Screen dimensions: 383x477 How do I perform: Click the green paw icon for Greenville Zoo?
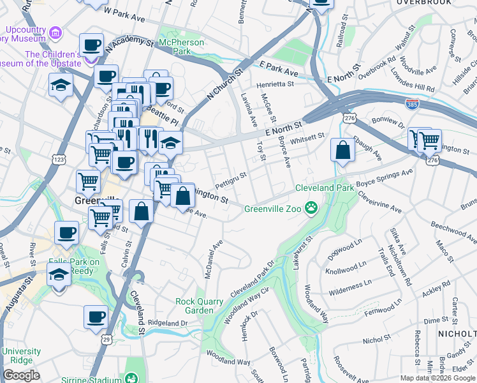[311, 207]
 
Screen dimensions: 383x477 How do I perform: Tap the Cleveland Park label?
[324, 188]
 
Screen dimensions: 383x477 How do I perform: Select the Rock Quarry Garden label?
[200, 306]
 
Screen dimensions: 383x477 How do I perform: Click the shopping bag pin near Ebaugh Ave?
[342, 151]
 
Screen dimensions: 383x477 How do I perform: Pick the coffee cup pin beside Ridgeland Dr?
[96, 317]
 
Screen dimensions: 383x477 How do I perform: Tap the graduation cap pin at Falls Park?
[59, 275]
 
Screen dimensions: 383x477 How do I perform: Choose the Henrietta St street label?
[275, 84]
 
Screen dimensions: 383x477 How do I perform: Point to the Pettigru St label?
[230, 179]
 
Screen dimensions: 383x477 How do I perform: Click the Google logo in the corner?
[21, 375]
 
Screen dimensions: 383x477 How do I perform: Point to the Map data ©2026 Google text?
[437, 378]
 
